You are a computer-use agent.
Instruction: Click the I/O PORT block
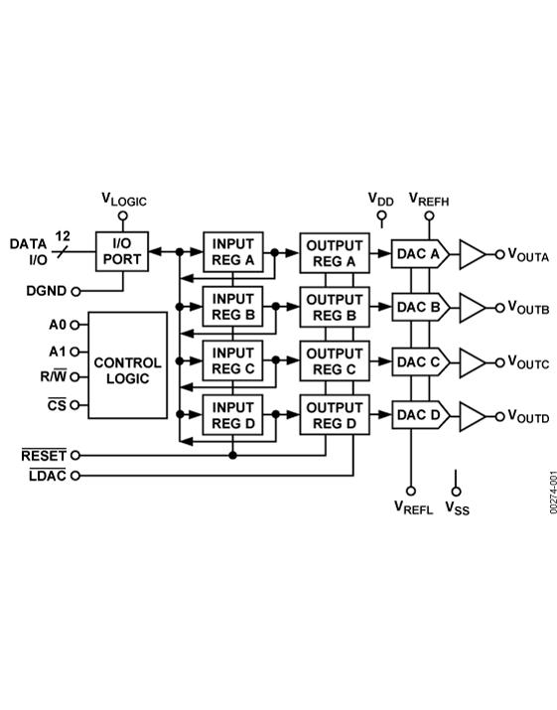coord(122,252)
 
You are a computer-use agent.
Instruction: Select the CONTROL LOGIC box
coord(128,365)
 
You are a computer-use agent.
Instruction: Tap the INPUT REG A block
coord(233,252)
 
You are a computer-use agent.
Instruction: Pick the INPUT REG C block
coord(232,360)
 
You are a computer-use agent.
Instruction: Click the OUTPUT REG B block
coord(335,307)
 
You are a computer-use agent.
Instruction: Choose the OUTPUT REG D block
coord(335,415)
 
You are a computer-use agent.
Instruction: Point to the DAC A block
coord(420,254)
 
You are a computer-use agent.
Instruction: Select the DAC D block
coord(421,415)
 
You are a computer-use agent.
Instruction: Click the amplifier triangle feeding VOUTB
coord(473,308)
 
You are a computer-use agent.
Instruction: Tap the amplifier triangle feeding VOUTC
coord(473,362)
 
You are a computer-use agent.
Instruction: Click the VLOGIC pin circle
coord(123,216)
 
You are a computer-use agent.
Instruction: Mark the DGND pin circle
coord(76,292)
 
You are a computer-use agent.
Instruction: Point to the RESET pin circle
coord(75,455)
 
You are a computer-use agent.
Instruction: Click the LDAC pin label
coord(48,476)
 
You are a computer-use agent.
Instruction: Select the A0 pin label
coord(58,325)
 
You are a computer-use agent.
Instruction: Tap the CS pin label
coord(57,405)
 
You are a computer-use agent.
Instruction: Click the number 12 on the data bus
coord(63,236)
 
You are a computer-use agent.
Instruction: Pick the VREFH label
coord(429,200)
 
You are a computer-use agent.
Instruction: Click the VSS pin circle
coord(456,492)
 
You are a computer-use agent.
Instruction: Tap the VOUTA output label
coord(528,255)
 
